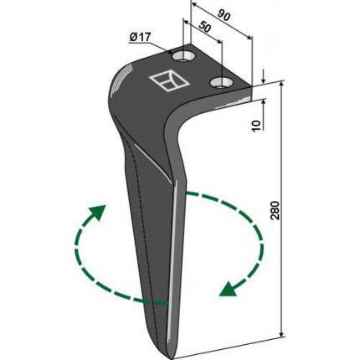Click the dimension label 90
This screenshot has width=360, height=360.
[224, 16]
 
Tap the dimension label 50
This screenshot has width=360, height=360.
[204, 27]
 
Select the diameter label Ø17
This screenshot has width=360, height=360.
[140, 37]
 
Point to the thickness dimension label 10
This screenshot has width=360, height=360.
[257, 126]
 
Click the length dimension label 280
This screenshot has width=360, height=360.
[275, 210]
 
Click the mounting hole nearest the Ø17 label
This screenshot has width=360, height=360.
[183, 57]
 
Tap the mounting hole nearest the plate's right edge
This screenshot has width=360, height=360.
[221, 83]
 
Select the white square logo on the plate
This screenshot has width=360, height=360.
[169, 81]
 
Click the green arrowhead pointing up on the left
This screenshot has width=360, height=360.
[99, 212]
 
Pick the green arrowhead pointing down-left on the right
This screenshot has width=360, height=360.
[229, 290]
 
